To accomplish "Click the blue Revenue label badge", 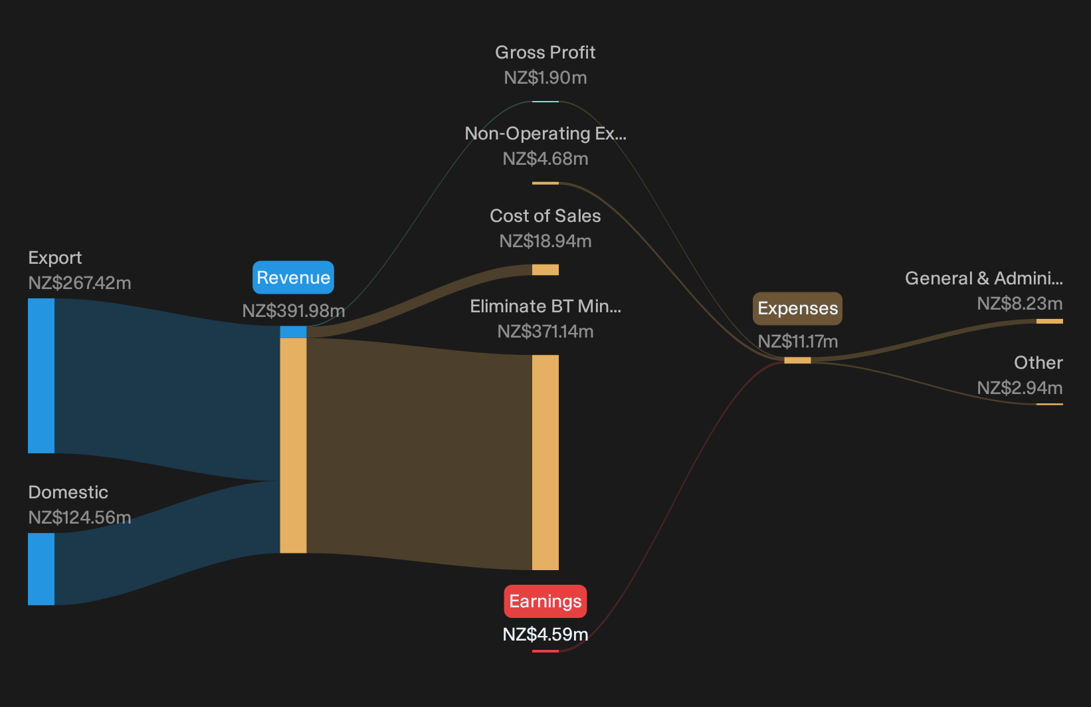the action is coord(293,277).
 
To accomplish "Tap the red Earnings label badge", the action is coord(545,601).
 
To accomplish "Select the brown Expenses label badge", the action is coord(797,308).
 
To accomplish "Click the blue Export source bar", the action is coord(41,375).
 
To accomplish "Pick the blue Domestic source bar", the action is coord(41,569).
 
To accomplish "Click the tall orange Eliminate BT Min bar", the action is coord(545,462).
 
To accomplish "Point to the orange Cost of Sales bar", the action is coord(545,270).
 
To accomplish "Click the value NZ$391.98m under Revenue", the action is coord(293,310).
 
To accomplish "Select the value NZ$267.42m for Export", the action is coord(79,282).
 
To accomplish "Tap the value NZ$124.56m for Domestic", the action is coord(79,518).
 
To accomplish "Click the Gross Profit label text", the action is coord(545,52).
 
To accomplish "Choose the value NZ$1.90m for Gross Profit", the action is coord(545,78).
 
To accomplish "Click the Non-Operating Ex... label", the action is coord(545,133).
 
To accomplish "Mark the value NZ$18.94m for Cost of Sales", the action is coord(545,241).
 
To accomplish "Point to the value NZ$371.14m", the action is coord(545,332).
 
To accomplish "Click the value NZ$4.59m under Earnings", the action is coord(545,635).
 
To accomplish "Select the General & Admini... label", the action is coord(984,278).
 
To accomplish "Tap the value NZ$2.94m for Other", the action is coord(1020,388).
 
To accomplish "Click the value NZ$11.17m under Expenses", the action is coord(798,341).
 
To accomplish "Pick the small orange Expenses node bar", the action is coord(797,360).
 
